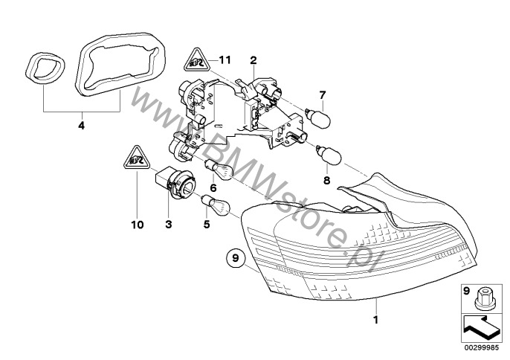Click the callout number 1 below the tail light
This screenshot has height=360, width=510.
tap(375, 320)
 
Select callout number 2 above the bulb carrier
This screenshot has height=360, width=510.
tap(254, 60)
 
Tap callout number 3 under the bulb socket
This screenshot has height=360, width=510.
tap(169, 225)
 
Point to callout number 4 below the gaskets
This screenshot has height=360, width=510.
tap(81, 125)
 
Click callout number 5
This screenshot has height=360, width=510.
tap(207, 225)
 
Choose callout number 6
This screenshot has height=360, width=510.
tap(213, 188)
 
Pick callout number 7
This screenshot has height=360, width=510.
tap(323, 95)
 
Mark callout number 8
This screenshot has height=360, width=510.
tap(326, 180)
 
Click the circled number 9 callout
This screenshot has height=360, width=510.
tap(236, 257)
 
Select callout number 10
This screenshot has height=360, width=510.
tap(138, 225)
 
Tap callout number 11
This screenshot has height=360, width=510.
tap(225, 60)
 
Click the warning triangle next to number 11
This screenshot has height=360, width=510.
tap(196, 60)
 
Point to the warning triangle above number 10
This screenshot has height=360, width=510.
tap(137, 158)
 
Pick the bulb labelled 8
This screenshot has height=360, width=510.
tap(329, 155)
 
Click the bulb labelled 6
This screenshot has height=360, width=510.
tap(218, 170)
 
